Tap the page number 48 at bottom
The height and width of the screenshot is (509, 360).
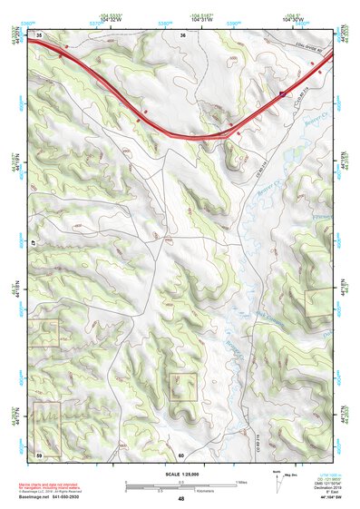tap(181, 499)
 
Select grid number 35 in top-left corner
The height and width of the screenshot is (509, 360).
tap(39, 34)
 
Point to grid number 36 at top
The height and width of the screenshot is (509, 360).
tap(182, 34)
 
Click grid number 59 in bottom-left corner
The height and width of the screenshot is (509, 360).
tap(39, 454)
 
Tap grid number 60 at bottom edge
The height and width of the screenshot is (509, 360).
tap(181, 455)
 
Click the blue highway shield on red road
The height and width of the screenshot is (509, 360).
tap(282, 93)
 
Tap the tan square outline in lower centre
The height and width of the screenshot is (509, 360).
tap(183, 387)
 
